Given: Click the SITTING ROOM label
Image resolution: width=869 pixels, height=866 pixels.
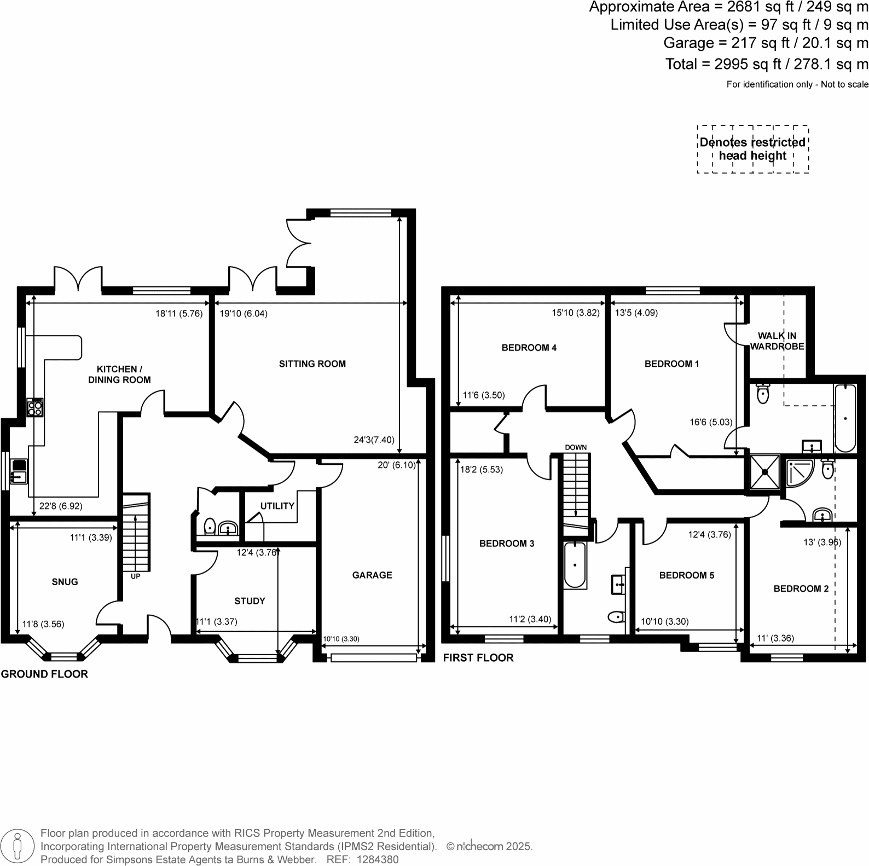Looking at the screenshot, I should pyautogui.click(x=312, y=363).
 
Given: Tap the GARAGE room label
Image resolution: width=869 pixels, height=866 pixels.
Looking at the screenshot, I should pyautogui.click(x=372, y=575).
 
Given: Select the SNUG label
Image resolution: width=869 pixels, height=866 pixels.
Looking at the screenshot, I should pyautogui.click(x=65, y=581).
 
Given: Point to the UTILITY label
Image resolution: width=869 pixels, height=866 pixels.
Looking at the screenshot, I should pyautogui.click(x=277, y=506).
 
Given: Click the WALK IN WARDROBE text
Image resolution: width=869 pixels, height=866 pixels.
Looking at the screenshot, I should pyautogui.click(x=777, y=340).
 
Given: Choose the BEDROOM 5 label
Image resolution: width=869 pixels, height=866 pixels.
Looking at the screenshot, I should pyautogui.click(x=686, y=575).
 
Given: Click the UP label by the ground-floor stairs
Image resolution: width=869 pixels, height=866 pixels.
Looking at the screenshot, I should pyautogui.click(x=135, y=576).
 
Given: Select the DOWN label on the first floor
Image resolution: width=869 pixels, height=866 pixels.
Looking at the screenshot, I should pyautogui.click(x=575, y=447).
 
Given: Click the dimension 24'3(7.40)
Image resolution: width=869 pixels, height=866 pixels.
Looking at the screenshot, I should pyautogui.click(x=374, y=440).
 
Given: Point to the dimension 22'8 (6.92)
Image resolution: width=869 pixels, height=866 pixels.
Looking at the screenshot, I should pyautogui.click(x=60, y=506).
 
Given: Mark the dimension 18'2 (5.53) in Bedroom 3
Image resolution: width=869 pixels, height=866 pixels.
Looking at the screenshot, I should pyautogui.click(x=481, y=470).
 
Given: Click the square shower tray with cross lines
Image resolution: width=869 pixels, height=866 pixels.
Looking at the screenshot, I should pyautogui.click(x=764, y=471).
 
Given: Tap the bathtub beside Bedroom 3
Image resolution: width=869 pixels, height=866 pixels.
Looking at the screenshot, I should pyautogui.click(x=575, y=565).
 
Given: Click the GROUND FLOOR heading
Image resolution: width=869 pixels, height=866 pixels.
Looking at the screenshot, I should pyautogui.click(x=44, y=674).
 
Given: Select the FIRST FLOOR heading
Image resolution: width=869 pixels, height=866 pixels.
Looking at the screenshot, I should pyautogui.click(x=478, y=657).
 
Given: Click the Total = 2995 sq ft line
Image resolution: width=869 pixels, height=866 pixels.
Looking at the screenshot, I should pyautogui.click(x=766, y=64).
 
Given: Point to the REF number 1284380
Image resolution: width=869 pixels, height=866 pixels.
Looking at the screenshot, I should pyautogui.click(x=378, y=859).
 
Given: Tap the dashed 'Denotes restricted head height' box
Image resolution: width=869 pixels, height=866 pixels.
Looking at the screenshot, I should pyautogui.click(x=752, y=149).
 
